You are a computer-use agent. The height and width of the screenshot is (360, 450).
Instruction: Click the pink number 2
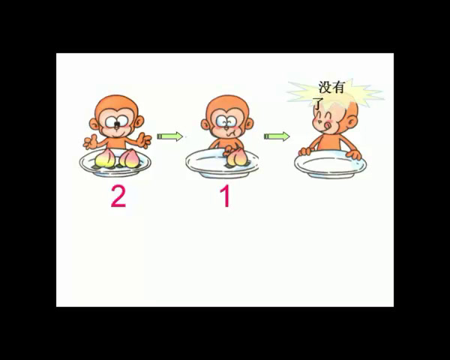click(118, 196)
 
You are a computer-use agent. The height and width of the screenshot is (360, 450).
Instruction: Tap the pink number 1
click(226, 196)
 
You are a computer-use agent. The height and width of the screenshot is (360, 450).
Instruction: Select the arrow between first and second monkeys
click(169, 136)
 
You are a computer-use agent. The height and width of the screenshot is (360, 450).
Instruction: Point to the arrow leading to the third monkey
click(277, 136)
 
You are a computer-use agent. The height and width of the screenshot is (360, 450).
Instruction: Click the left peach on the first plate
click(105, 159)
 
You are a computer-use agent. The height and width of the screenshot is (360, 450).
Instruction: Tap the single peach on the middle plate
click(235, 157)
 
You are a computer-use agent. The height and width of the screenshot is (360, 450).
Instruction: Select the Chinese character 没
click(325, 87)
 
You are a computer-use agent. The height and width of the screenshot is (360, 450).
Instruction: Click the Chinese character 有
click(337, 87)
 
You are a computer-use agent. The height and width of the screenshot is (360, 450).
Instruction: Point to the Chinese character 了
click(318, 104)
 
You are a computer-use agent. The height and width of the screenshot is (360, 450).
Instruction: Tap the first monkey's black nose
click(117, 124)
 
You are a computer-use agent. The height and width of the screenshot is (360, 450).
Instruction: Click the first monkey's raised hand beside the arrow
click(143, 140)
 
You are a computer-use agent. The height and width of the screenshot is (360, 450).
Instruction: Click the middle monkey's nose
click(226, 124)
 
